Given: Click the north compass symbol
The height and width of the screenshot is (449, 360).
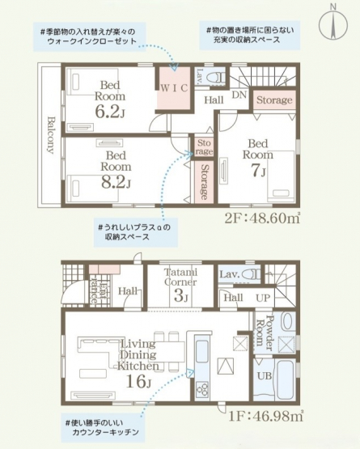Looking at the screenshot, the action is point(333,24).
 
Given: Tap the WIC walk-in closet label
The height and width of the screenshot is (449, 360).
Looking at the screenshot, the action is point(174,88).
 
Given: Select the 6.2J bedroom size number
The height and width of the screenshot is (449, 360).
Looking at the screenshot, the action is point(110,112).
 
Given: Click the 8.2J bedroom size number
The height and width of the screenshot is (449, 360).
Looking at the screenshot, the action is point(116,182).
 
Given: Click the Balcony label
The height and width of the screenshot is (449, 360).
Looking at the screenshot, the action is point(51,135).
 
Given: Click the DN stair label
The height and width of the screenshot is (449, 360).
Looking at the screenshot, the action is point(239,95).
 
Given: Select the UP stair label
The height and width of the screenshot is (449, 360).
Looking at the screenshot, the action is point(263,298).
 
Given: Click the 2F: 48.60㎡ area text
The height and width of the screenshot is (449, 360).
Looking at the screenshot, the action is point(262,218).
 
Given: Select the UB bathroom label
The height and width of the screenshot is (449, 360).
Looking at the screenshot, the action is point(265,375).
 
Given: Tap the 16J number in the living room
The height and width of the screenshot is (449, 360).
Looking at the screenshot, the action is point(138,381).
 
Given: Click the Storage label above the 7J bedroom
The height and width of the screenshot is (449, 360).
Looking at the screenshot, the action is point(274,100).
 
